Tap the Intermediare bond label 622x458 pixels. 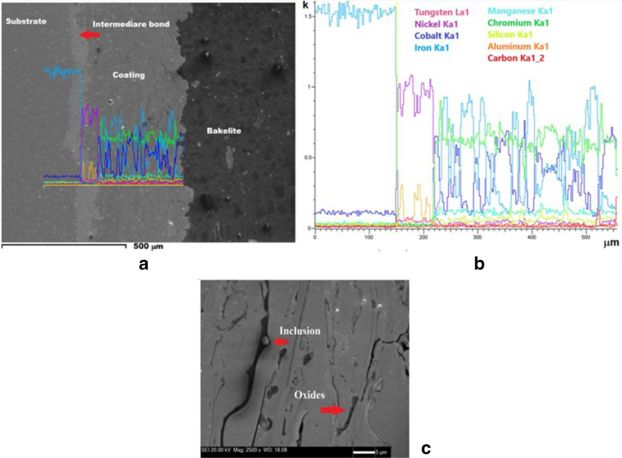pos(131,24)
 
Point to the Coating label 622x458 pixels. pos(129,75)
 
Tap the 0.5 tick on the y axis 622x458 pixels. pos(309,157)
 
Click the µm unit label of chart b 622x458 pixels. pos(611,244)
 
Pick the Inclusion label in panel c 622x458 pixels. pos(299,331)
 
